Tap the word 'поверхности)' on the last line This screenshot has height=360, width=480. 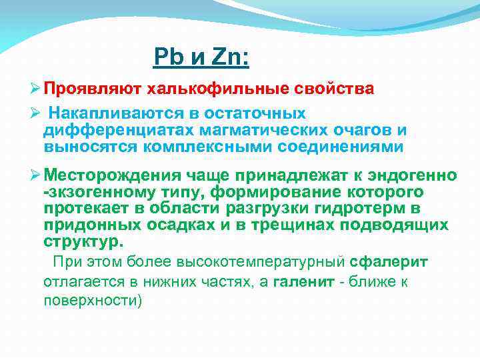coord(93,300)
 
